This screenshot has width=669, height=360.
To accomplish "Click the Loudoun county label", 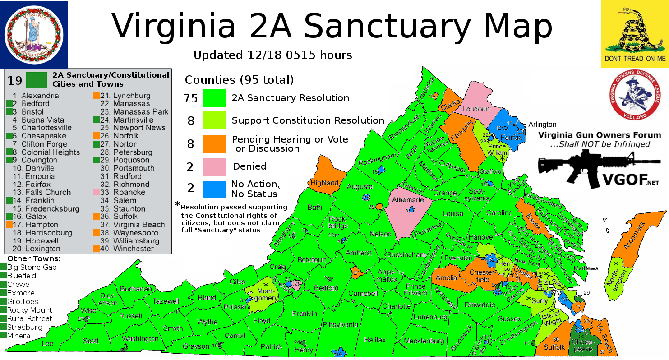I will pyautogui.click(x=475, y=109).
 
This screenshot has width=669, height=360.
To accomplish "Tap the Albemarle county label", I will pyautogui.click(x=408, y=200).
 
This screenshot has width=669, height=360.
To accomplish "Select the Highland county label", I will pyautogui.click(x=324, y=183).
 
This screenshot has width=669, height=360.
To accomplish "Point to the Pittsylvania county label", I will pyautogui.click(x=340, y=324).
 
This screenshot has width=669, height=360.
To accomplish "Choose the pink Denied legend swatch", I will pyautogui.click(x=214, y=166).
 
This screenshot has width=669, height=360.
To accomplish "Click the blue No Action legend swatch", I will pyautogui.click(x=214, y=189).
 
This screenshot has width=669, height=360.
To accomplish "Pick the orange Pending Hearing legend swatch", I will pyautogui.click(x=214, y=144).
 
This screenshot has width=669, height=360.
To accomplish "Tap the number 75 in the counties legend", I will pyautogui.click(x=191, y=98).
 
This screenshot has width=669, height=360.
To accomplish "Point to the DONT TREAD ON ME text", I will pyautogui.click(x=635, y=59).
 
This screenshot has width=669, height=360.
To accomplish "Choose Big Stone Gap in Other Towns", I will pyautogui.click(x=32, y=267).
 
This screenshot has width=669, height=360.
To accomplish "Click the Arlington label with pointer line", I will pyautogui.click(x=543, y=124).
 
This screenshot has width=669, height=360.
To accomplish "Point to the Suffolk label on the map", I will pyautogui.click(x=554, y=347).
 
